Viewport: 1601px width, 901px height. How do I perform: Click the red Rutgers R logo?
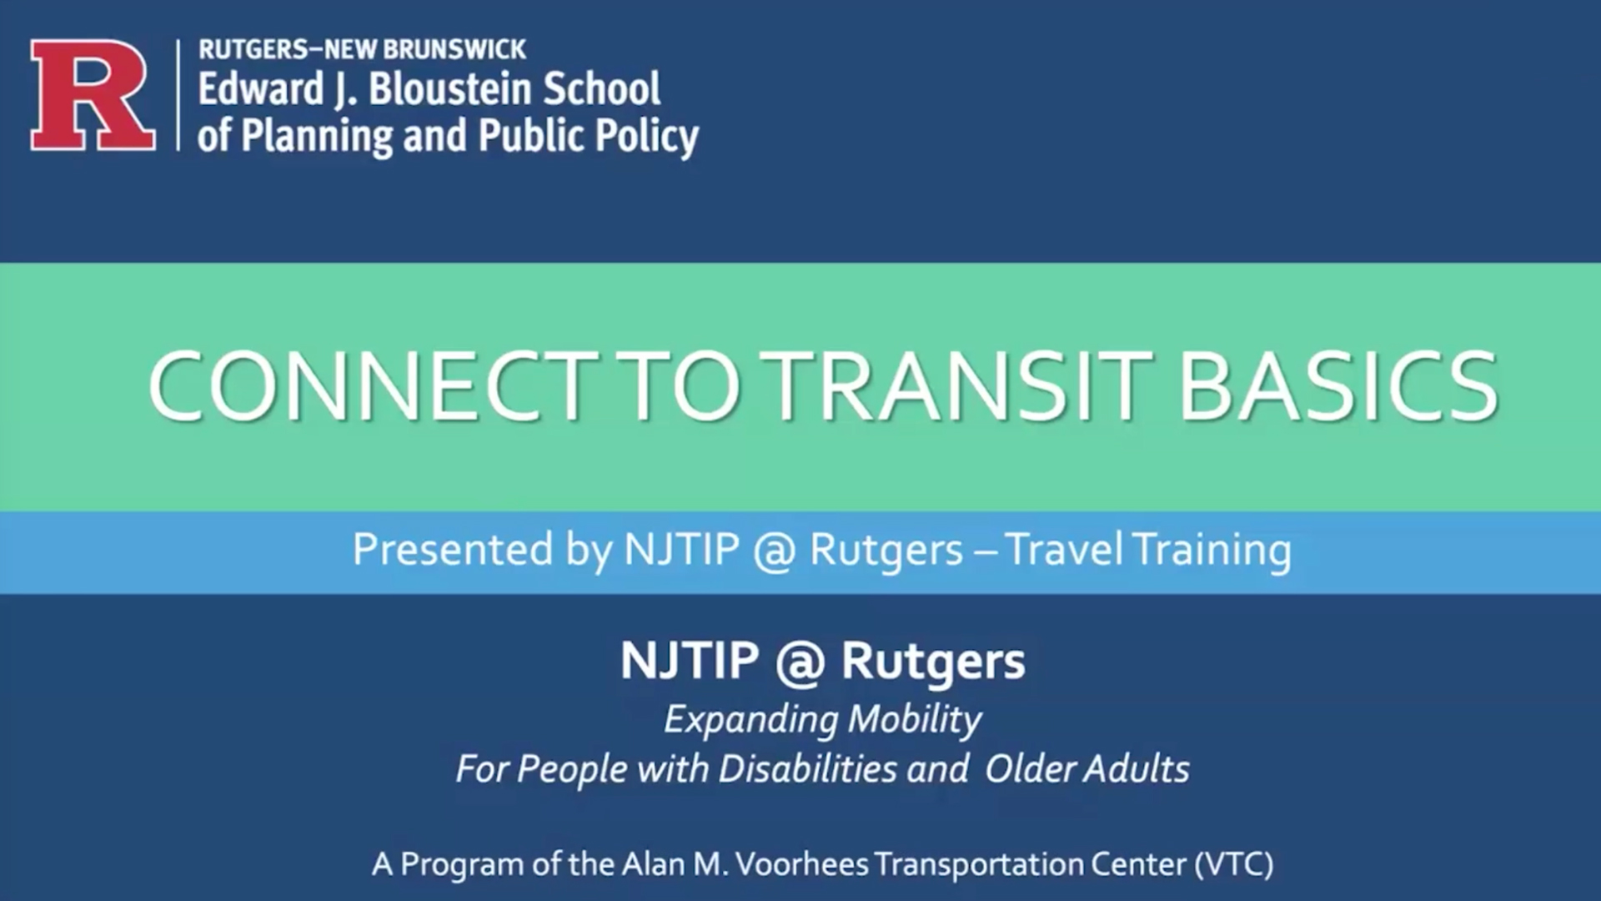92,95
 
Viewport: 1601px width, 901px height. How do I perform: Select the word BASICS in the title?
1338,386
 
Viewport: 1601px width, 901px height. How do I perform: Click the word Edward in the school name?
260,89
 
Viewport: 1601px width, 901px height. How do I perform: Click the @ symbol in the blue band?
774,551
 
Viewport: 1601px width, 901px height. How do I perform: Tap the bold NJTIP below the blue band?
689,662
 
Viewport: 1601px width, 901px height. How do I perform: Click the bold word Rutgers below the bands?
932,662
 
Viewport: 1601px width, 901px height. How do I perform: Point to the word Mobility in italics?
915,719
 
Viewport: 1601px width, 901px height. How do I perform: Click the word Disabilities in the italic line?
806,769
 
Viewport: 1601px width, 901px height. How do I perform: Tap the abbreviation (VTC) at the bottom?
1233,864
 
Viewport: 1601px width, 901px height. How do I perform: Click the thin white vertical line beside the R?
178,95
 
